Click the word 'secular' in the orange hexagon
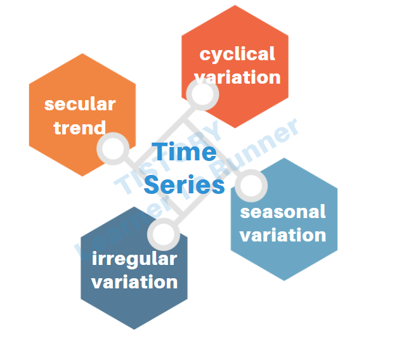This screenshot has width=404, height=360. pos(80,104)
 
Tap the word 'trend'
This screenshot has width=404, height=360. pos(79,127)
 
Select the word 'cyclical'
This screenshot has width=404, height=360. pos(237,55)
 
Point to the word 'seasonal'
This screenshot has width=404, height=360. pos(283,212)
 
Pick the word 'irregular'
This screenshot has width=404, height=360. pos(134,259)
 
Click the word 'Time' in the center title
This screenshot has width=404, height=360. pos(184,153)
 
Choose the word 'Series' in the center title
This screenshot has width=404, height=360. pos(184,185)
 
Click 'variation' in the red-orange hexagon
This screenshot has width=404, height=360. pos(237,77)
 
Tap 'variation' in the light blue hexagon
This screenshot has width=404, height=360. pos(283,235)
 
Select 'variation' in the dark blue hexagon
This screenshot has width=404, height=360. pos(134,281)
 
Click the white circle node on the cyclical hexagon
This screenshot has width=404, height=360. pos(202,96)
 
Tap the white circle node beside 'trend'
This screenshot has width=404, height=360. pos(114,150)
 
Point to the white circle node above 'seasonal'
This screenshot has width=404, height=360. pos(251,186)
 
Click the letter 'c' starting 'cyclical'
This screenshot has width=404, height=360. pos(205,55)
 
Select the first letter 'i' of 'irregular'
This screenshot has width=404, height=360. pos(95,258)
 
